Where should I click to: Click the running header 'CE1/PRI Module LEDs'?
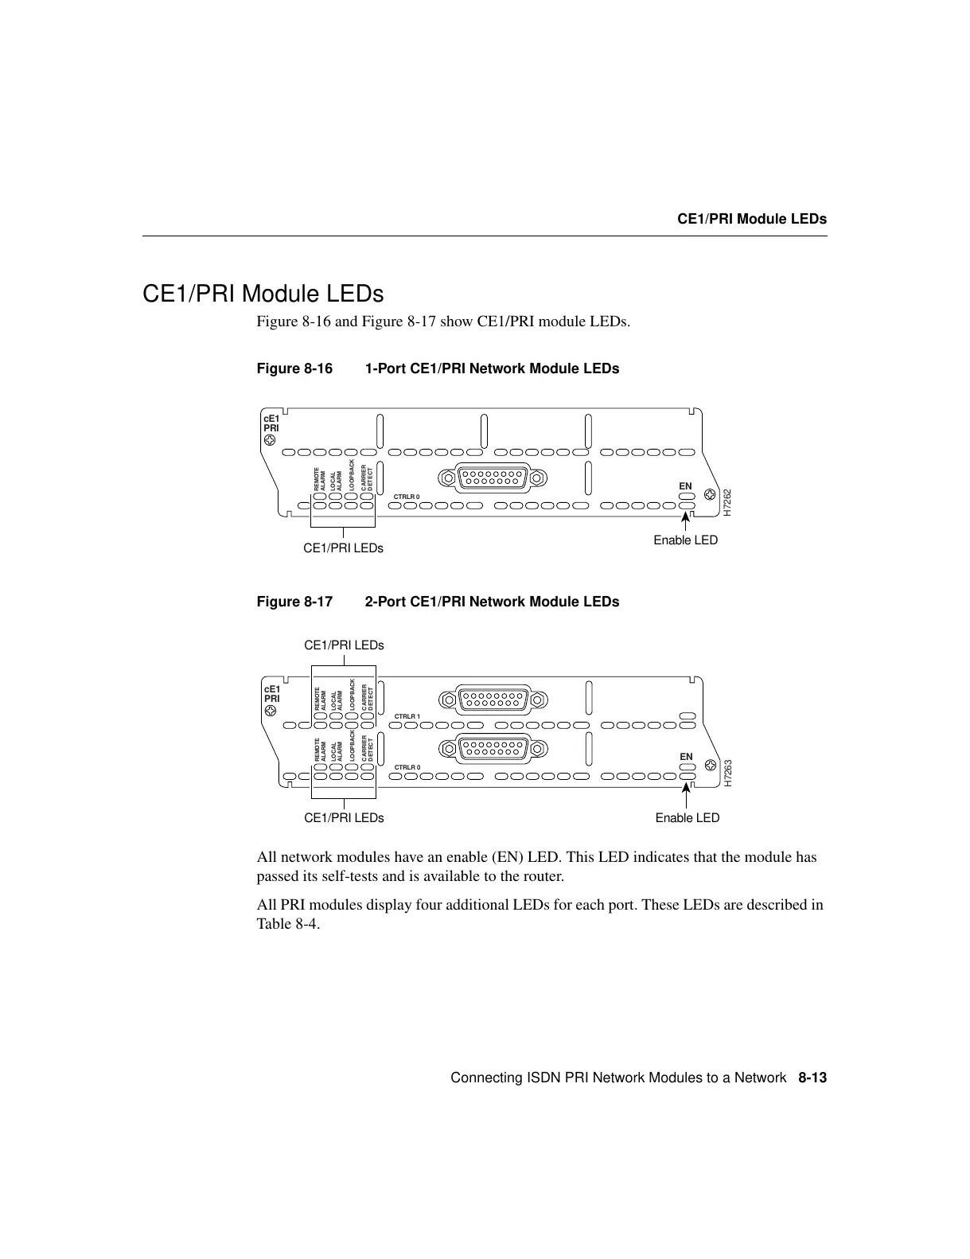pyautogui.click(x=751, y=219)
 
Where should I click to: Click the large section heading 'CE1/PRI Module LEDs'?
pyautogui.click(x=263, y=294)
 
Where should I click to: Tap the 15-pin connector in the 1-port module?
pyautogui.click(x=493, y=478)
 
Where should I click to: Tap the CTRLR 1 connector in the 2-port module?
pyautogui.click(x=493, y=699)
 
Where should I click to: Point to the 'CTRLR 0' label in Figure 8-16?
pyautogui.click(x=407, y=497)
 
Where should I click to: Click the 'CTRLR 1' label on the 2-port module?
pyautogui.click(x=407, y=717)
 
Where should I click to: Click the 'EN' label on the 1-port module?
pyautogui.click(x=685, y=486)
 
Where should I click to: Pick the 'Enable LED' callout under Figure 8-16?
pyautogui.click(x=685, y=540)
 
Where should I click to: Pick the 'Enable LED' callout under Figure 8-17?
pyautogui.click(x=687, y=818)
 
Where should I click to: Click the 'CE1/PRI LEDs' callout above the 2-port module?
pyautogui.click(x=344, y=645)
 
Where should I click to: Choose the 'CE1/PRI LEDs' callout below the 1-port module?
pyautogui.click(x=343, y=548)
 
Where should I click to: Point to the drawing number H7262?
pyautogui.click(x=727, y=503)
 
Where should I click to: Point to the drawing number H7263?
pyautogui.click(x=727, y=774)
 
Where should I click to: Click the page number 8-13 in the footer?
pyautogui.click(x=812, y=1078)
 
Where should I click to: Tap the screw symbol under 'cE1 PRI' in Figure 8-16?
pyautogui.click(x=271, y=439)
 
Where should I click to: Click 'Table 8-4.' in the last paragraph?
pyautogui.click(x=288, y=925)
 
